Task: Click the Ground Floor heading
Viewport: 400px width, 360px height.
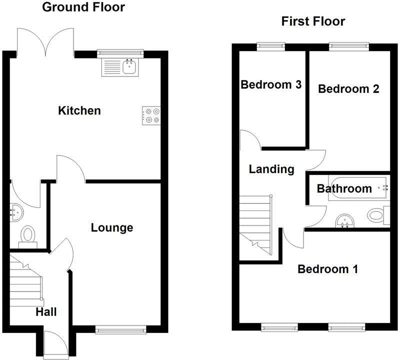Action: coord(83,7)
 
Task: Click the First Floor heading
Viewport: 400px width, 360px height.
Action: coord(313,21)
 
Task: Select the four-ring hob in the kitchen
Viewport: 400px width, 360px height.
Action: coord(151,115)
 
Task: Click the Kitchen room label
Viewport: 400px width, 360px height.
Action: coord(79,110)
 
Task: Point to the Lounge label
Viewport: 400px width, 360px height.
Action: coord(112,228)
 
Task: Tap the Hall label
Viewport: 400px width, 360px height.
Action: coord(46,312)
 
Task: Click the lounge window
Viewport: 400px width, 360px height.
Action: coord(120,329)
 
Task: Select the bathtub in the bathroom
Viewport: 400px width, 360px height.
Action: coord(357,188)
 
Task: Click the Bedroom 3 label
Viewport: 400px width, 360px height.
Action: coord(270,84)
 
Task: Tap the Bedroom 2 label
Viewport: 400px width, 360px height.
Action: coord(348,89)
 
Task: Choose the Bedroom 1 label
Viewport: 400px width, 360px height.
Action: coord(327,269)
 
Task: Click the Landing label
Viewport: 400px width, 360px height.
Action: coord(271,169)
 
